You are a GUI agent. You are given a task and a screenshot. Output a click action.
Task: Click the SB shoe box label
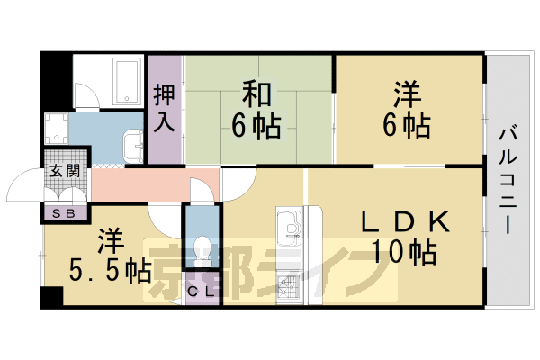(x=66, y=213)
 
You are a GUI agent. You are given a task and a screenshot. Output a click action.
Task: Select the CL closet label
(x=202, y=290)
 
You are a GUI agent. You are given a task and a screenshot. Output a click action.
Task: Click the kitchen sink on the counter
(x=291, y=226)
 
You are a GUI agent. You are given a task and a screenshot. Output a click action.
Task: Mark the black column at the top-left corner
(x=56, y=80)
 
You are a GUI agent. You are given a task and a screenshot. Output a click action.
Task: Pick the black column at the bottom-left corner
(x=52, y=298)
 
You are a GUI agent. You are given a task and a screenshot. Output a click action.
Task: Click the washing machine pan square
(x=56, y=129)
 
